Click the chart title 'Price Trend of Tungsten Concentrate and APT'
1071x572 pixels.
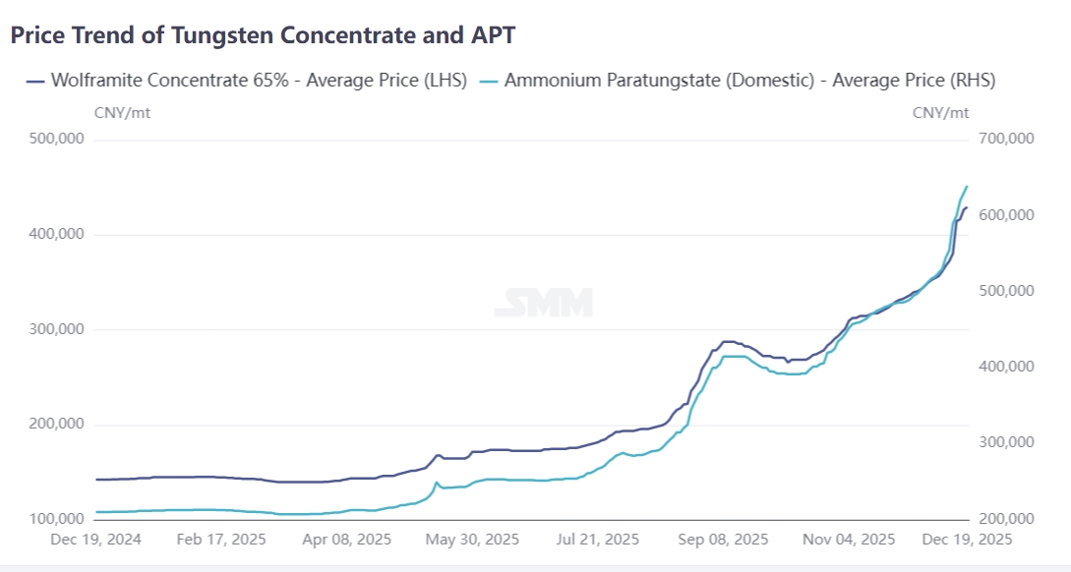263,34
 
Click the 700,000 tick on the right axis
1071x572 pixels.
1008,140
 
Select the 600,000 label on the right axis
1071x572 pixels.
1008,215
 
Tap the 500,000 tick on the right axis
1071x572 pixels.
1008,291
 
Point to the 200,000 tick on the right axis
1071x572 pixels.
1008,519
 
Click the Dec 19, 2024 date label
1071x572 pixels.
95,540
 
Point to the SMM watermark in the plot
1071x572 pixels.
543,303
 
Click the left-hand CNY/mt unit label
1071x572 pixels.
122,112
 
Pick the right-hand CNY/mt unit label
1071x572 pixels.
940,112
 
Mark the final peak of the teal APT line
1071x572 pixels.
967,187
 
